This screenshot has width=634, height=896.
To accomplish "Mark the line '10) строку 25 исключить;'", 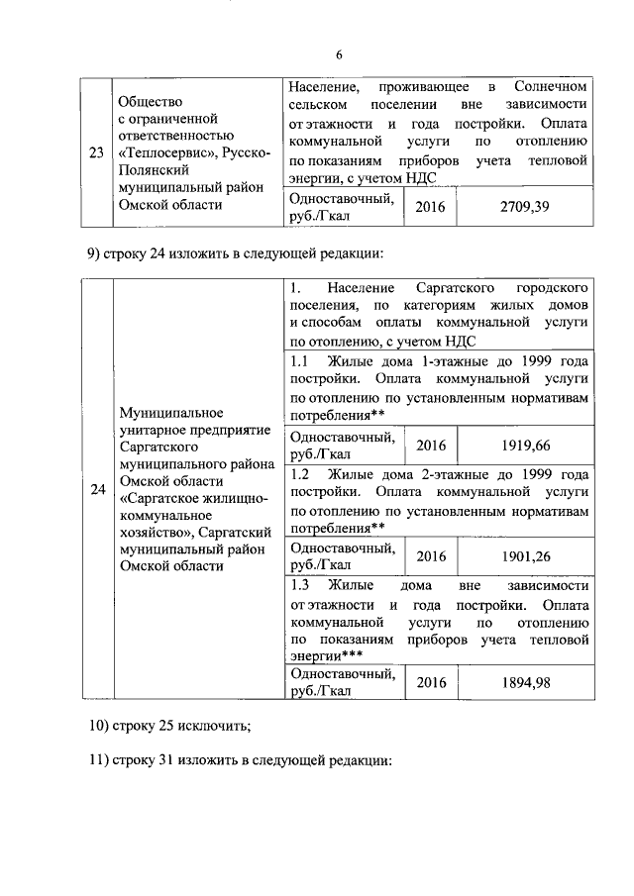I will pos(169,725).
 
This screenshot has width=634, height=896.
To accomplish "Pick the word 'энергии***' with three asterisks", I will pos(326,655).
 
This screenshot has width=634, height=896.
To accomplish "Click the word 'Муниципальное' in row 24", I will pos(166,411).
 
